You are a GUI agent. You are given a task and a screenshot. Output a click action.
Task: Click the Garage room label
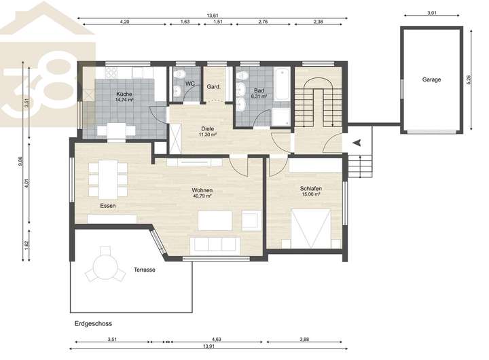(x=431, y=79)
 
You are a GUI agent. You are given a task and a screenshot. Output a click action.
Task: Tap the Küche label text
(x=124, y=94)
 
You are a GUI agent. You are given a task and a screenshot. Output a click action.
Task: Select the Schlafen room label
(x=310, y=188)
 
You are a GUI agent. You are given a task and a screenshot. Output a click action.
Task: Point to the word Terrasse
(x=145, y=270)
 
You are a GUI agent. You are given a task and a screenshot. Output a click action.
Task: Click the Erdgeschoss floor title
(x=93, y=323)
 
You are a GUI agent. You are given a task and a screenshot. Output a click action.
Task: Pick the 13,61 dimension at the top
(x=213, y=16)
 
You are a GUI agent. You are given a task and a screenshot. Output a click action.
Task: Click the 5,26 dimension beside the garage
(x=469, y=79)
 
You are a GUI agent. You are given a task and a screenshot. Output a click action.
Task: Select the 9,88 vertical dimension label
(x=20, y=161)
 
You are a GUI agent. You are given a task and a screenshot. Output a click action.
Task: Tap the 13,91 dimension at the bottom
(x=209, y=346)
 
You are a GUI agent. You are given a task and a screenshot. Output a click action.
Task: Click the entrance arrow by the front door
(x=357, y=143)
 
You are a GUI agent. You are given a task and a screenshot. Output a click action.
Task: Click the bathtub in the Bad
(x=283, y=84)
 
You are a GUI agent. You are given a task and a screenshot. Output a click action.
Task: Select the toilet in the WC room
(x=179, y=75)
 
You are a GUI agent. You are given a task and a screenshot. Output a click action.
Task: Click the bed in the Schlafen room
(x=311, y=228)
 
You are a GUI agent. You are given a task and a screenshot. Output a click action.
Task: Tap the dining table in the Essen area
(x=108, y=179)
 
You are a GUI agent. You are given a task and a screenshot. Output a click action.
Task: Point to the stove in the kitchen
(x=111, y=73)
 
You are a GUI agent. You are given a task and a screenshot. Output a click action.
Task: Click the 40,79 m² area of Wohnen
(x=202, y=196)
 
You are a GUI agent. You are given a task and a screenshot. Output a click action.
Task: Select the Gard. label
(x=214, y=87)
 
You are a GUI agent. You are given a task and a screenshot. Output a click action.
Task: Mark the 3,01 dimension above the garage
(x=432, y=13)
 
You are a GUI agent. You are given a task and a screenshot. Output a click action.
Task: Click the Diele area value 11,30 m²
(x=208, y=134)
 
